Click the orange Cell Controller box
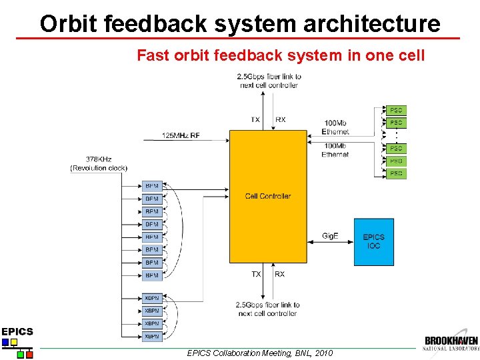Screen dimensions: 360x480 [268, 196]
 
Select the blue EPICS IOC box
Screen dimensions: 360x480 [373, 241]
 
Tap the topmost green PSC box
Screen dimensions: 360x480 [396, 110]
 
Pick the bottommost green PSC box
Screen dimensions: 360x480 [396, 173]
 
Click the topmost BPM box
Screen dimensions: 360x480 [152, 186]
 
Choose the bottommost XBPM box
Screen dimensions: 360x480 [152, 337]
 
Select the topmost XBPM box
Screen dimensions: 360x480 [152, 298]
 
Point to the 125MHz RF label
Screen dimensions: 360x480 [181, 135]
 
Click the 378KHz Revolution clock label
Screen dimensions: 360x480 [99, 163]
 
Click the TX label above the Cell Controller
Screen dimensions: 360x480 [255, 120]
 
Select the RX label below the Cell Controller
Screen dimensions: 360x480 [280, 274]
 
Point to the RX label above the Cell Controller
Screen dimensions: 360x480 [281, 120]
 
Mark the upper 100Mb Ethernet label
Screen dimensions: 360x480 [335, 127]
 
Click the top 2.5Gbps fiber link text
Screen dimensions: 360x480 [269, 81]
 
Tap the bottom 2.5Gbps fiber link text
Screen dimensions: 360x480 [267, 309]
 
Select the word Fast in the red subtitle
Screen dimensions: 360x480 [150, 55]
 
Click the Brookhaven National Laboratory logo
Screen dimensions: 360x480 [451, 343]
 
